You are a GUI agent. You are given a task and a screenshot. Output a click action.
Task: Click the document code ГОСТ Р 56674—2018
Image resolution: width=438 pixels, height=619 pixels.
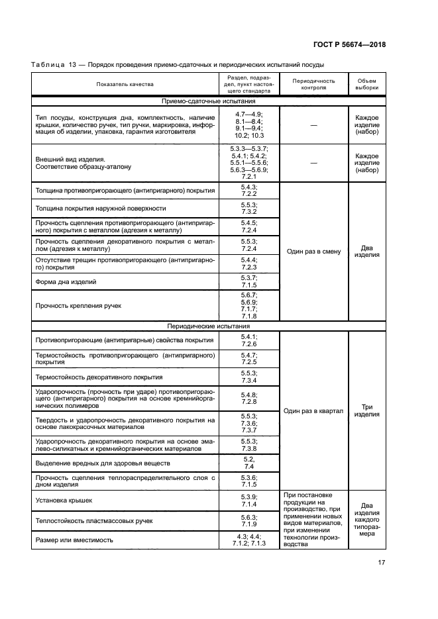point(349,44)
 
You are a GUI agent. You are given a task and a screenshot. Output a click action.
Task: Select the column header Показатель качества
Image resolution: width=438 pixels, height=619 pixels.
point(125,85)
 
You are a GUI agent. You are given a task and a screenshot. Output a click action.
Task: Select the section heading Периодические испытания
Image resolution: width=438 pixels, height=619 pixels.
point(208,326)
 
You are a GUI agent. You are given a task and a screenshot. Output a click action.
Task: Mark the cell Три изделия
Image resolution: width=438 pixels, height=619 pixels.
point(366,410)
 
